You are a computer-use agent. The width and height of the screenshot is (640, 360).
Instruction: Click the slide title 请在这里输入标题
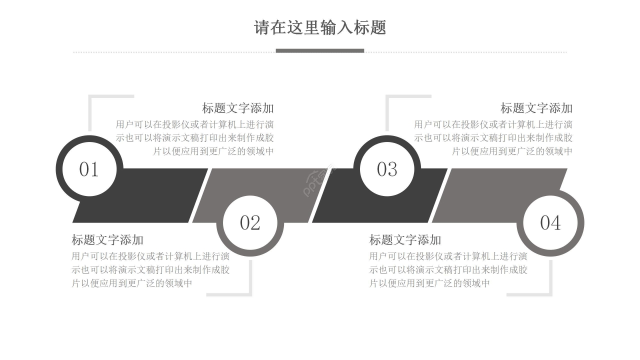coord(320,27)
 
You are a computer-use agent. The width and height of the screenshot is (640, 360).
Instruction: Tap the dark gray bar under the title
coord(320,50)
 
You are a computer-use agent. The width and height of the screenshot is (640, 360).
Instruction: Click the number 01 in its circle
coord(89,169)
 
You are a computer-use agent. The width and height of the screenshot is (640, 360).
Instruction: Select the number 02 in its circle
coord(250,223)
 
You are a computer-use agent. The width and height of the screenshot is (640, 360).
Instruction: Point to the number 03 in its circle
coord(387,169)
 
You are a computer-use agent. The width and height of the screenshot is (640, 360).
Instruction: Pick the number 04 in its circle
coord(550,223)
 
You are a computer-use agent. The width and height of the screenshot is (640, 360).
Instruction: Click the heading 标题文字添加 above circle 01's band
coord(238,108)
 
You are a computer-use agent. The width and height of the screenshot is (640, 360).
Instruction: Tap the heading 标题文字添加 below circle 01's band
coord(107,240)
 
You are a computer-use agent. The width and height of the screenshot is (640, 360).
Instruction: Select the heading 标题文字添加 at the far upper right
coord(536,108)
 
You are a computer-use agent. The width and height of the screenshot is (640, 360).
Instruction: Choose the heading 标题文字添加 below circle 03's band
coord(405,240)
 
